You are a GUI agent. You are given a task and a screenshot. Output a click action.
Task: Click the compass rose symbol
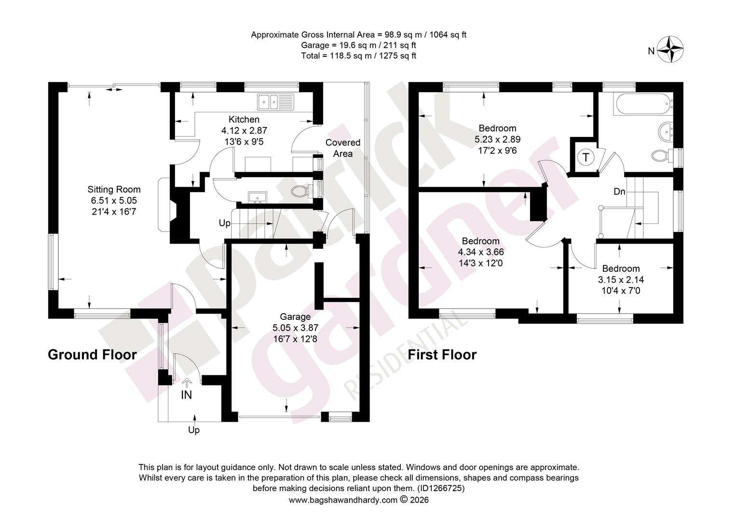670,50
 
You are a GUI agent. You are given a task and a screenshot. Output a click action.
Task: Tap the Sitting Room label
114,189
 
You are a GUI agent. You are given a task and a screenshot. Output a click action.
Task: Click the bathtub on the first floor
642,104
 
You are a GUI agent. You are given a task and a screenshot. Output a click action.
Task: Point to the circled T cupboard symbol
586,157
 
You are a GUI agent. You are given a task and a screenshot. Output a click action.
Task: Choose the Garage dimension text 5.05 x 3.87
296,328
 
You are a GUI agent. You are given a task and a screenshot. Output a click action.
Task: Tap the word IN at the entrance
187,395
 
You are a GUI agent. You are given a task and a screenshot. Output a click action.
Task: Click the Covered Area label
343,148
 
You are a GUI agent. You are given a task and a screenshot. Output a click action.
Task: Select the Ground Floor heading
92,355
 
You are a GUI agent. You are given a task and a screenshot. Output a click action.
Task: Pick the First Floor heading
442,355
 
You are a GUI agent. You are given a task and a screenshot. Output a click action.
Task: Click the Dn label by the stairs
619,192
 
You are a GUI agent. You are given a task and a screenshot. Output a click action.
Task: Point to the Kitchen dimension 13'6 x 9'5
244,141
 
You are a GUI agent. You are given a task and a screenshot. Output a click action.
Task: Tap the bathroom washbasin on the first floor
666,132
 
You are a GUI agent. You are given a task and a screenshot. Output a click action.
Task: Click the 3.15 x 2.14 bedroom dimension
621,280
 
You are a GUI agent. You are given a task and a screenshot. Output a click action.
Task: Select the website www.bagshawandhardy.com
343,500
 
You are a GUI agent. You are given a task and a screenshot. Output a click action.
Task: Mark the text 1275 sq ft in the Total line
397,55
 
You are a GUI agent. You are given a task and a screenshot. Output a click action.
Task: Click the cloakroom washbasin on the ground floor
258,197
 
